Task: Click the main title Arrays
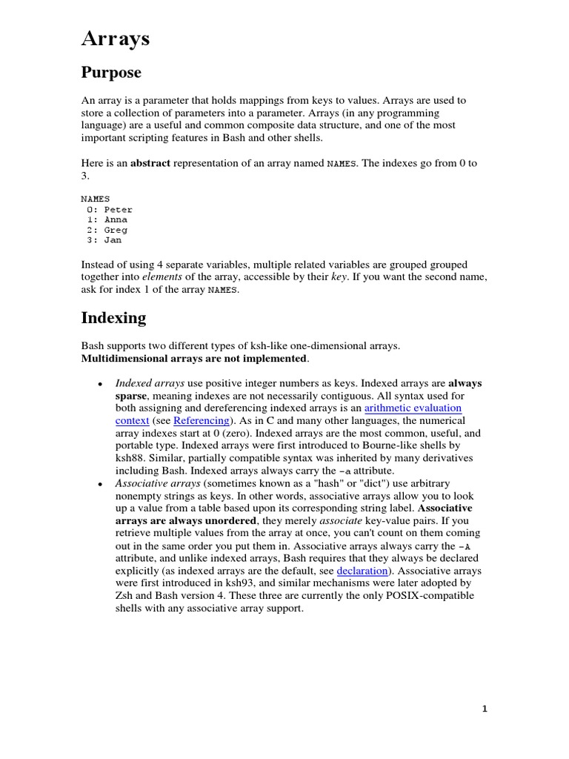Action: pyautogui.click(x=115, y=39)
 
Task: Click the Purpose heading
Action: pyautogui.click(x=110, y=73)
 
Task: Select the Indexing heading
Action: pyautogui.click(x=113, y=318)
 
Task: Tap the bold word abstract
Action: pyautogui.click(x=150, y=163)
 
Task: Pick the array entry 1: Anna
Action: pyautogui.click(x=107, y=219)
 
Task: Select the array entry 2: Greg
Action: pyautogui.click(x=107, y=230)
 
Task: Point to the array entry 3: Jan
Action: pyautogui.click(x=104, y=240)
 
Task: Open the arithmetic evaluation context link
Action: pyautogui.click(x=413, y=408)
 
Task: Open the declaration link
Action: pyautogui.click(x=362, y=571)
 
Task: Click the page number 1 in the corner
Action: pyautogui.click(x=485, y=709)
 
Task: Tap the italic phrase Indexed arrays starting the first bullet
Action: pyautogui.click(x=150, y=383)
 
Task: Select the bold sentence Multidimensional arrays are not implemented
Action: pyautogui.click(x=193, y=358)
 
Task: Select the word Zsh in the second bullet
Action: pyautogui.click(x=125, y=596)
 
